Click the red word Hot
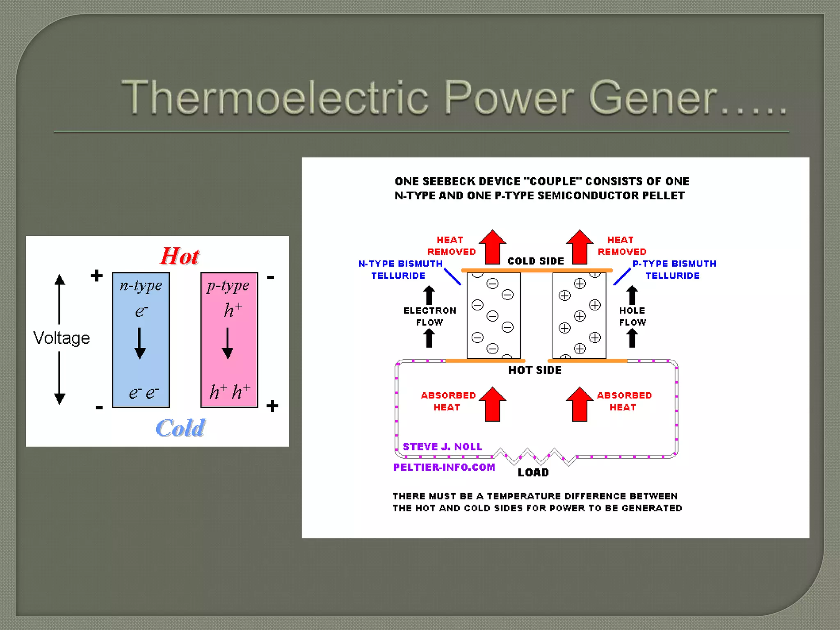180,256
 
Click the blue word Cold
180,428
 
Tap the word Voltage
62,338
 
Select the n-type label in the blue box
141,285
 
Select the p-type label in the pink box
228,285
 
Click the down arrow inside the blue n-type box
140,343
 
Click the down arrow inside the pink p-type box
228,343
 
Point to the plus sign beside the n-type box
97,276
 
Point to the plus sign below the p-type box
272,406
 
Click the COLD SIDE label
536,261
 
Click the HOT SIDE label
535,370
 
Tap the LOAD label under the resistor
533,472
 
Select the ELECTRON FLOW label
429,316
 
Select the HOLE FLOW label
632,316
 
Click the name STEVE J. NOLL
442,447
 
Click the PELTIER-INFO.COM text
444,467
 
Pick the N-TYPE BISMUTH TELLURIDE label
400,269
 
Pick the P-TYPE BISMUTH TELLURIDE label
674,269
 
